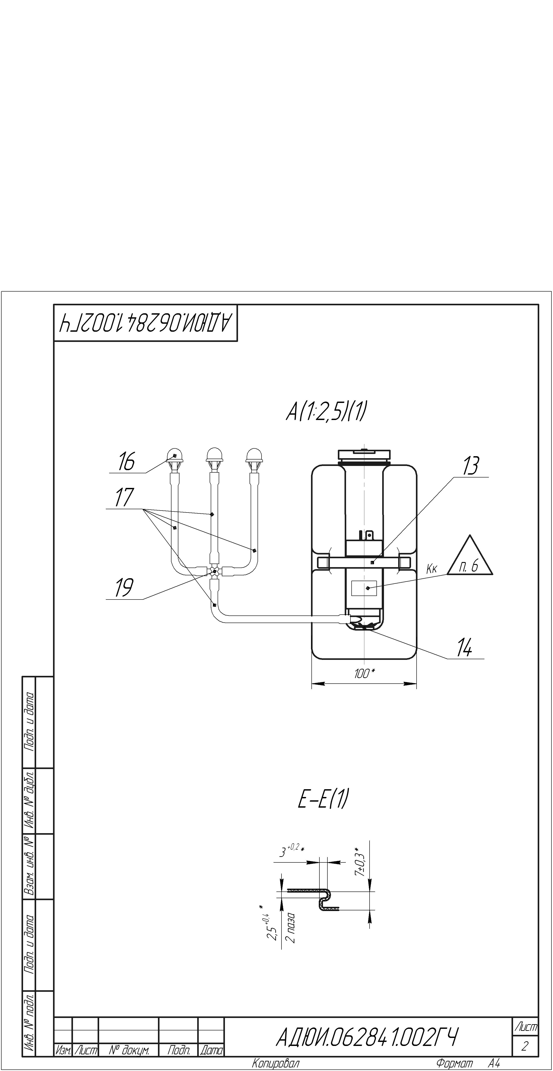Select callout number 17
coord(124,498)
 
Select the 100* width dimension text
coord(364,674)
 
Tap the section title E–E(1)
coord(323,799)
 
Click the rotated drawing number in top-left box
coord(146,323)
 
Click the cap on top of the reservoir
coord(364,454)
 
